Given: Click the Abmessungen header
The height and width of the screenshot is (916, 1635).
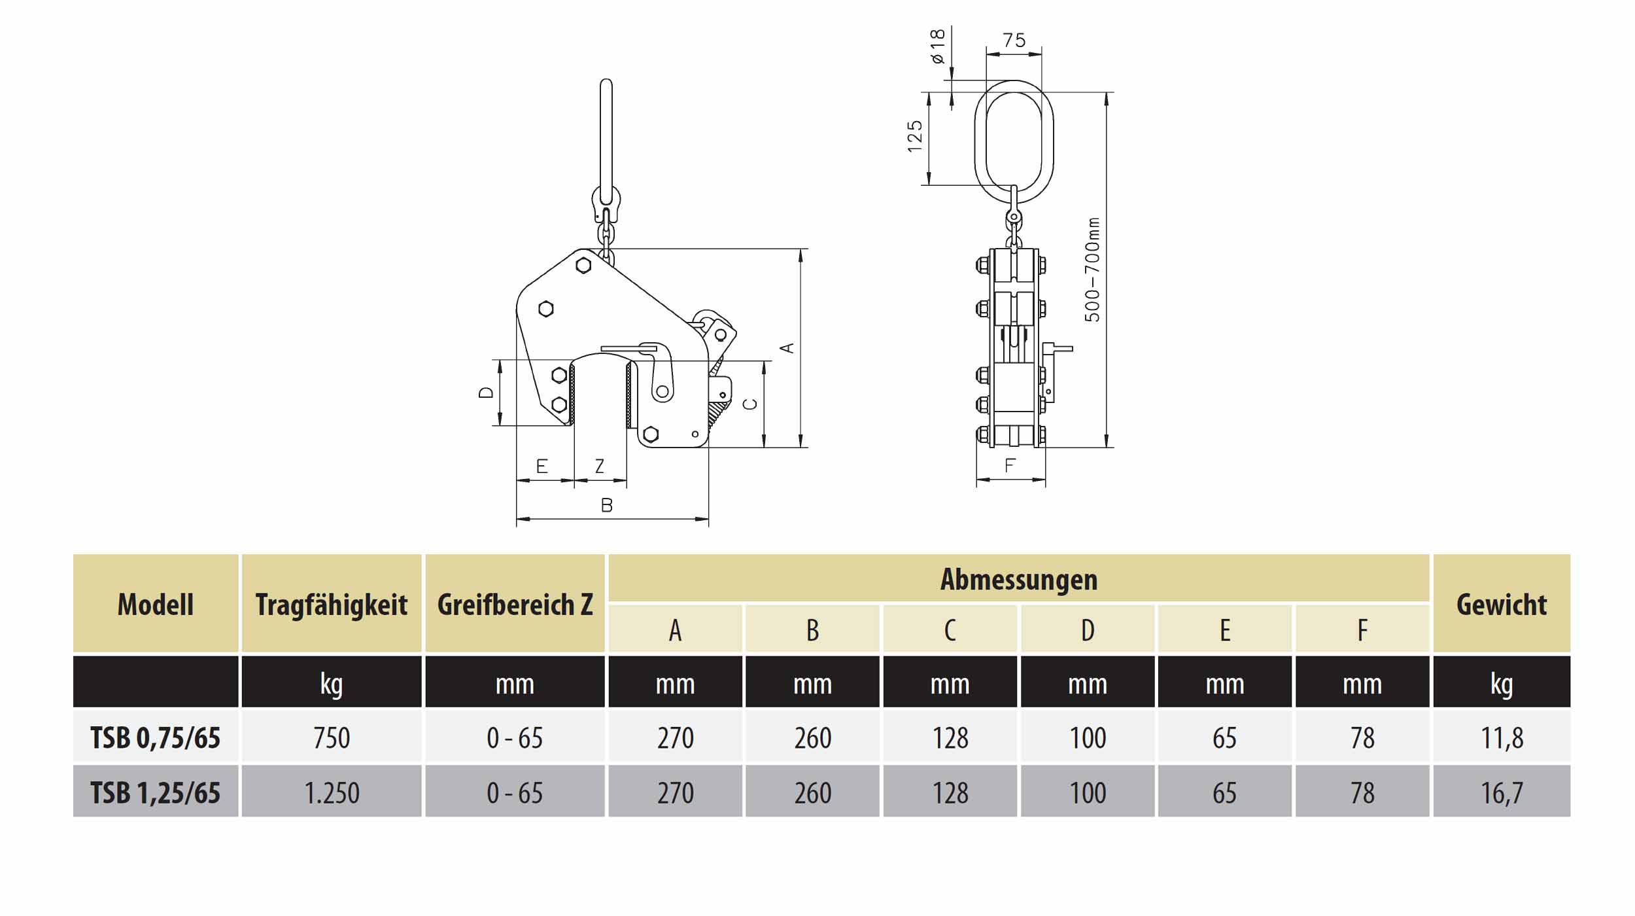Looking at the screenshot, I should click(1018, 580).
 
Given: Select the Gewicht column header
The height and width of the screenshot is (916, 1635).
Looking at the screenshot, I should click(1501, 604).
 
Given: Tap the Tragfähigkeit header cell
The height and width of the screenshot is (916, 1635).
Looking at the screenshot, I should click(331, 604).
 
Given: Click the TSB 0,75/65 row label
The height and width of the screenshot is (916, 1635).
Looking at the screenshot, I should click(155, 738).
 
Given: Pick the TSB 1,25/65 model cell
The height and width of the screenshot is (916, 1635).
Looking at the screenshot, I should click(155, 793).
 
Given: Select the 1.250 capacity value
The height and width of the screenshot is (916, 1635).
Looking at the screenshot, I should click(331, 793).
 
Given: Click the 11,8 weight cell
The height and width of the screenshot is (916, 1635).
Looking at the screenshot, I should click(1501, 738).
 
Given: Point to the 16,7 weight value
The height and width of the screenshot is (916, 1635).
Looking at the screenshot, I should click(1501, 793).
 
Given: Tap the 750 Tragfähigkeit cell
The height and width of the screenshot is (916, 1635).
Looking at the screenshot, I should click(331, 738).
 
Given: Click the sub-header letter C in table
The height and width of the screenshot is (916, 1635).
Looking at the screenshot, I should click(950, 630).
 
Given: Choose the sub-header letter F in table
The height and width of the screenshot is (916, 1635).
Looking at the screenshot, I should click(1362, 630).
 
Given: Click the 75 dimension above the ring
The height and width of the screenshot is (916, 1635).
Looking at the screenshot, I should click(1014, 41).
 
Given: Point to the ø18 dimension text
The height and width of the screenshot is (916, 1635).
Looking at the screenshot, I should click(937, 46).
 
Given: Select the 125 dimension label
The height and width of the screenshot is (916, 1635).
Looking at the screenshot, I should click(915, 136).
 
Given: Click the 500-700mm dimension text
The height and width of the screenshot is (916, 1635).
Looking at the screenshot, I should click(1092, 270).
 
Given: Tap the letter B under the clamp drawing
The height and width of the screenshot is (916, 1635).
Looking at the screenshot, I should click(606, 505).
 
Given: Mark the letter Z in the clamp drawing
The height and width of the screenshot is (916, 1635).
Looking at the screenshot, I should click(599, 466).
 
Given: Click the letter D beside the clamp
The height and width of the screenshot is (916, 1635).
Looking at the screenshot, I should click(486, 392).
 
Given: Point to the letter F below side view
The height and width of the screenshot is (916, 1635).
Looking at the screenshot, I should click(1010, 465).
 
